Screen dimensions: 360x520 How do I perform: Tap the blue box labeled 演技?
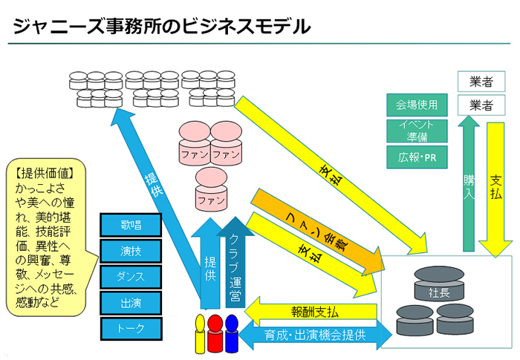(131, 251)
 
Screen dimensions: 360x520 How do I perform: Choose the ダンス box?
(131, 277)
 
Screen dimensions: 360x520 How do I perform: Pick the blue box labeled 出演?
(131, 303)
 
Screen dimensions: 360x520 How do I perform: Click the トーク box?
(131, 328)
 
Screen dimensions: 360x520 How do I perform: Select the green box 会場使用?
(417, 105)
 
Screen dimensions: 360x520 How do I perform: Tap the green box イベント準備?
(417, 131)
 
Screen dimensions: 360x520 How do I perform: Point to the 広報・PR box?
(417, 157)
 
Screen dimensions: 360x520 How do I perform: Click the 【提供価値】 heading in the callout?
(45, 173)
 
